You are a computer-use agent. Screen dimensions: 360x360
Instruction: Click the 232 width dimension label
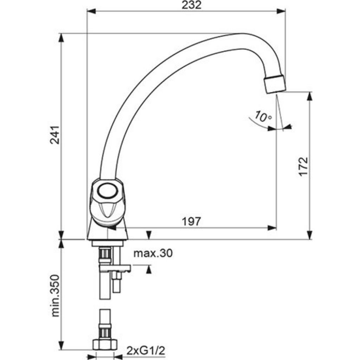point(192,5)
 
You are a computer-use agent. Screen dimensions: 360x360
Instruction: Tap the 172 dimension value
point(303,167)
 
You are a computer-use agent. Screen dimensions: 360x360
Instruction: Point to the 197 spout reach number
point(191,221)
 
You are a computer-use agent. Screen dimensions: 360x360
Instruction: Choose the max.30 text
point(153,253)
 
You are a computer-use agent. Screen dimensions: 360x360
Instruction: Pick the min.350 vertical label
point(55,296)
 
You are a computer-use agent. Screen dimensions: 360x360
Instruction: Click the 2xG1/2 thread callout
point(146,351)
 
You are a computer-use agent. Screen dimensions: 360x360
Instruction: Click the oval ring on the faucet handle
point(107,191)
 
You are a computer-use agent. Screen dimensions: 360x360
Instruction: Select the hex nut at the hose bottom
point(105,345)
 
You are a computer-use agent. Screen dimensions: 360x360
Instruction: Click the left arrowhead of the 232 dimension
point(91,11)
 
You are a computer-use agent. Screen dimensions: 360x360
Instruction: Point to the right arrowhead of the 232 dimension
point(281,11)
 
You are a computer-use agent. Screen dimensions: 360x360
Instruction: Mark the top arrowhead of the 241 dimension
point(61,38)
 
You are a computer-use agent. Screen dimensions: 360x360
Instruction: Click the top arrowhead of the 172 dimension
point(309,96)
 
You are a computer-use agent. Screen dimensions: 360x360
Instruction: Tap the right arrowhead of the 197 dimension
point(272,228)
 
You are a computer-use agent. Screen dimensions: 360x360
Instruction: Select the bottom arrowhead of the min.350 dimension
point(61,346)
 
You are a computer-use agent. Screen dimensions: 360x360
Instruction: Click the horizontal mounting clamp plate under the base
point(115,268)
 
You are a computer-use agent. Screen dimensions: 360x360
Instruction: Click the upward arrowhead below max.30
point(149,269)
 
